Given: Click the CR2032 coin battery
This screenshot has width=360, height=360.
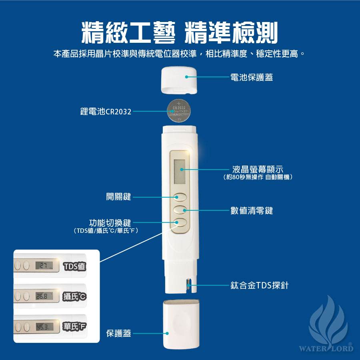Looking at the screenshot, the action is point(179,111).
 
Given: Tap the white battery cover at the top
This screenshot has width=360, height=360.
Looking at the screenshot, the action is point(179,80).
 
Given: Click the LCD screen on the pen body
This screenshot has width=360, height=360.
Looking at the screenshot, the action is point(180,172).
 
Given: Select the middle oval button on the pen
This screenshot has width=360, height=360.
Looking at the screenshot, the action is point(180,210).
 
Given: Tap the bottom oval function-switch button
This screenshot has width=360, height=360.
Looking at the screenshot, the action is point(180,222).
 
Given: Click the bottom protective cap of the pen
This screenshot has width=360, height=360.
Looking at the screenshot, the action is point(181,324).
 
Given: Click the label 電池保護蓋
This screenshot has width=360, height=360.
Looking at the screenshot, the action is point(252,77).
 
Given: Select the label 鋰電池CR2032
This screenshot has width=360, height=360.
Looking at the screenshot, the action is point(106,112).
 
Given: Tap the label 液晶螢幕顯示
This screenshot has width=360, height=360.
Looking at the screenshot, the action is point(258,170).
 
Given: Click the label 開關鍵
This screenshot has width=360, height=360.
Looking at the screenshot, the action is point(118,197).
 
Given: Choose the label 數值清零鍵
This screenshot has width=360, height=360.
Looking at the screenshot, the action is point(252,210).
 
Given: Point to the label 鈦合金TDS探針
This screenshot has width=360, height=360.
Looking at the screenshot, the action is point(260,285).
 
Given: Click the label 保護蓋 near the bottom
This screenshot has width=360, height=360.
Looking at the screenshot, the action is point(118,333).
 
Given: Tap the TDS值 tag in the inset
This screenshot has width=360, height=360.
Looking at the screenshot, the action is point(74,266).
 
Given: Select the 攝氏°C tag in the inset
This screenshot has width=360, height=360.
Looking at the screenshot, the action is point(74,296).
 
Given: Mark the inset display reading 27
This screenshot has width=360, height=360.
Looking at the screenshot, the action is point(44,266).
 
